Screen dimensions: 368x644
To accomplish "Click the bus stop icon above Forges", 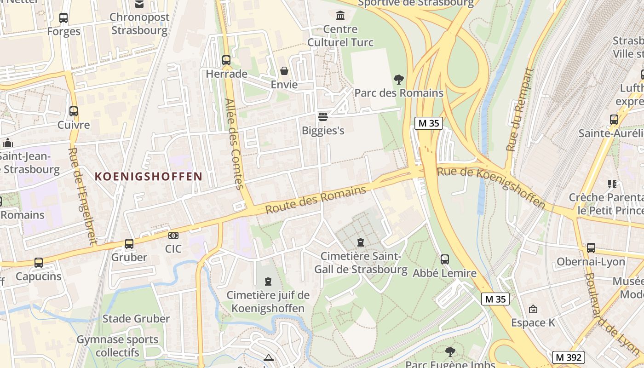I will point(63,18).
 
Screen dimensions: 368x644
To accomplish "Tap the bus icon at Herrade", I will point(226,60).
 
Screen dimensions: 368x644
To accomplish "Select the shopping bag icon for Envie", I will point(284,71).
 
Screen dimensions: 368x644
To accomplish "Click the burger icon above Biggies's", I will point(323,116).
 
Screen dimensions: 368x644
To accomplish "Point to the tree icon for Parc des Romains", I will point(399,79).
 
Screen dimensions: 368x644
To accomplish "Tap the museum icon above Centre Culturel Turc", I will point(340,16).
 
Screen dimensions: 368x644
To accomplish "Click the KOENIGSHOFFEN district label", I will point(149,176).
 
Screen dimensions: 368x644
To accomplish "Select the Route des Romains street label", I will point(316,200).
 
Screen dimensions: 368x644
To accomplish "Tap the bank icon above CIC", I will point(173,236).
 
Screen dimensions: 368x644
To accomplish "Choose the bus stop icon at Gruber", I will point(129,244).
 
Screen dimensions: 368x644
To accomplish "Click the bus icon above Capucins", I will point(39,263).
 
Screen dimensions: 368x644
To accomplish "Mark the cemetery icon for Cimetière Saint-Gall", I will point(361,242).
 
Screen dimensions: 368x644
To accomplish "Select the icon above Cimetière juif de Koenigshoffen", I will point(268,282).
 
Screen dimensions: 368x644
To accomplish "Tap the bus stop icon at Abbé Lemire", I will point(444,259).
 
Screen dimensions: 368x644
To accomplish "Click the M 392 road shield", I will point(568,357).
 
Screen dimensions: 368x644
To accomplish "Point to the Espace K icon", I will point(533,309).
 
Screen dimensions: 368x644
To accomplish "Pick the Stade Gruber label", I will point(136,318).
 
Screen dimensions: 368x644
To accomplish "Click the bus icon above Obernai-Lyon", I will point(591,248).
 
